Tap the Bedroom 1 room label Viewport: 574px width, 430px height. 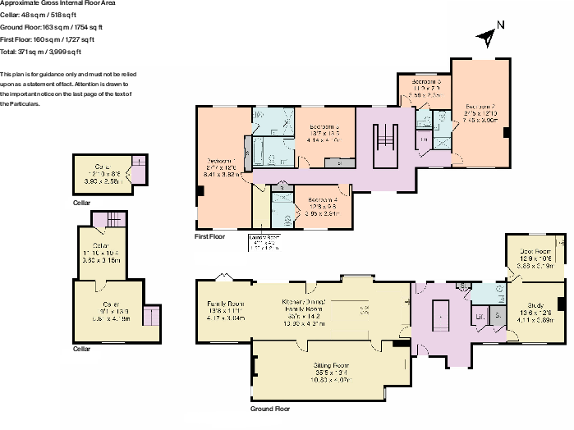[221, 167]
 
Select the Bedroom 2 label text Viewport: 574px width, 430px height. [481, 113]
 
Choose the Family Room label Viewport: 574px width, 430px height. [226, 309]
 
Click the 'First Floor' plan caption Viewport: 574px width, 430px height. [209, 236]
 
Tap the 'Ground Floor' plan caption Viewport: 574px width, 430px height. [269, 408]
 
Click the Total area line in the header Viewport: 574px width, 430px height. [41, 52]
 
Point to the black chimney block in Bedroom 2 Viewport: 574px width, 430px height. [507, 132]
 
